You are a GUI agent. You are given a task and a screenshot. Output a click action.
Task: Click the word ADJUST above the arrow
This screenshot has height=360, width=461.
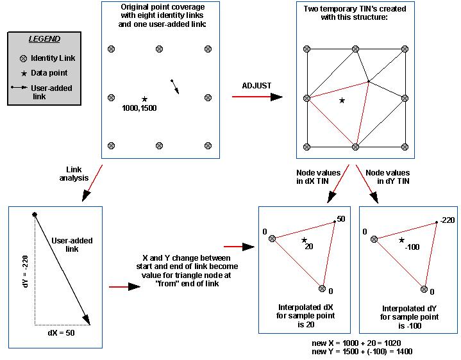[x=256, y=85]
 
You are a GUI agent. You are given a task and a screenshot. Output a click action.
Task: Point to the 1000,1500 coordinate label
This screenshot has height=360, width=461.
[x=139, y=108]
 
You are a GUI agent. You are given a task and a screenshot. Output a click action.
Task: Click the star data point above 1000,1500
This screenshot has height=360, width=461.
[x=145, y=99]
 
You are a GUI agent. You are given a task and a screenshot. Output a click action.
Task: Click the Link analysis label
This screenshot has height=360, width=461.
[x=75, y=174]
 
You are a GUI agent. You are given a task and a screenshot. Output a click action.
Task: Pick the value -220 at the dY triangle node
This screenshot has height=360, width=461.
[x=449, y=220]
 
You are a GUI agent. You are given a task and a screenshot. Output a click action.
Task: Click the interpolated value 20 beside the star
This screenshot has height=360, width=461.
[x=308, y=245]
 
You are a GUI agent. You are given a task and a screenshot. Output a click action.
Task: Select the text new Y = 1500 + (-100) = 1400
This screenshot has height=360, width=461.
[x=362, y=352]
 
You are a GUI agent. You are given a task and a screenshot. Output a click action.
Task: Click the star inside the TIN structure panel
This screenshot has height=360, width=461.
[x=342, y=100]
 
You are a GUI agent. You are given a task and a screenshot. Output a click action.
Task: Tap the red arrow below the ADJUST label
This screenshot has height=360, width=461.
[x=256, y=97]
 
